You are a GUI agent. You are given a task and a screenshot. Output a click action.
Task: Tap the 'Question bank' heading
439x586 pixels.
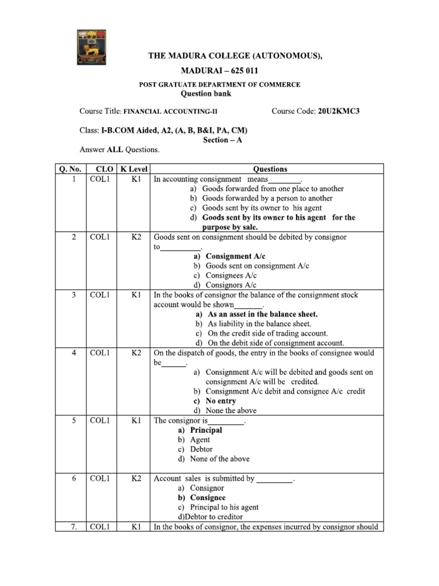pos(206,94)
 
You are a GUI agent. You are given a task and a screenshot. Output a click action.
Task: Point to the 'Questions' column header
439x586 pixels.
pos(270,169)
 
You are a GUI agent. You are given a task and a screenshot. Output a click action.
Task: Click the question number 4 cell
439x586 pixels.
pos(74,353)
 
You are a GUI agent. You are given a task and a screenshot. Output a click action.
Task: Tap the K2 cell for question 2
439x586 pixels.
pos(135,237)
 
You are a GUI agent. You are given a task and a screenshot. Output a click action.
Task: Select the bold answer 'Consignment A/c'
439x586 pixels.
pos(236,256)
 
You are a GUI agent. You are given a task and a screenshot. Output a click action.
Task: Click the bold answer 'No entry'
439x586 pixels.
pos(221,401)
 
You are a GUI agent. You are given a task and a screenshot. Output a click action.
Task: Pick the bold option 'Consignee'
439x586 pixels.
pos(207,497)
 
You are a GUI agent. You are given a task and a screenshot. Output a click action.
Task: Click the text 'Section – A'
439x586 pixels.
pos(222,140)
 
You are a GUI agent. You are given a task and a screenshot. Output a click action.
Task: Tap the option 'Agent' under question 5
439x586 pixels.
pos(200,439)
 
